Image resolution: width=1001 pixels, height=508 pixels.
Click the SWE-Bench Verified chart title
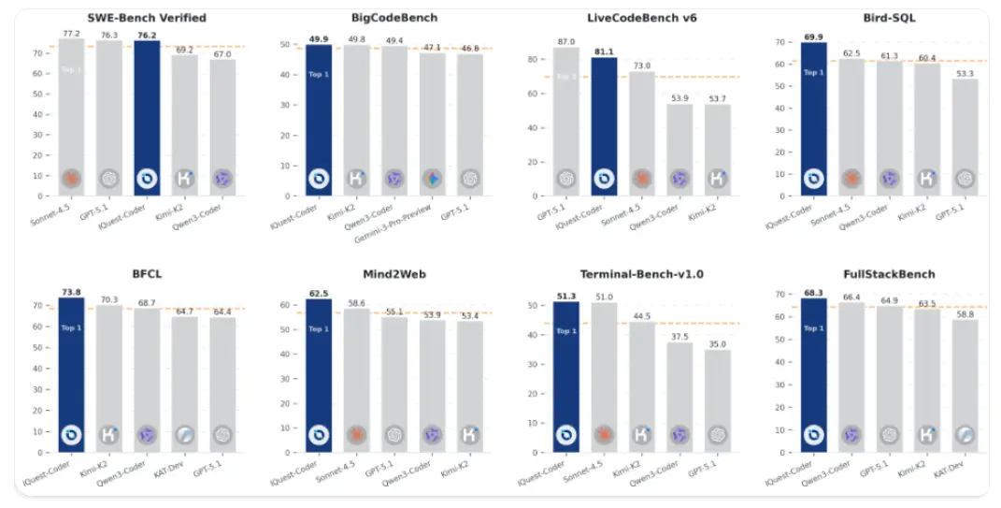pos(147,18)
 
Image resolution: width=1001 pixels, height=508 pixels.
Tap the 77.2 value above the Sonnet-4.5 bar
pos(72,33)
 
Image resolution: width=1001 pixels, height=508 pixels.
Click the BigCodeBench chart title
pos(394,18)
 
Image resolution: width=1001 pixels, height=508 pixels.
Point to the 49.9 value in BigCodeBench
pos(319,39)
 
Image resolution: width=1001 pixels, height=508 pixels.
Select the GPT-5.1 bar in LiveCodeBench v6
pos(565,122)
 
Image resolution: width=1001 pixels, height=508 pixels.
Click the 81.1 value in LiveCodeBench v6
pos(604,52)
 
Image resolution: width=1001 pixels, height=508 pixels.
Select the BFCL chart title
pos(146,274)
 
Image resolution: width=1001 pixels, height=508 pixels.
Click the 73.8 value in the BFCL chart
pos(71,292)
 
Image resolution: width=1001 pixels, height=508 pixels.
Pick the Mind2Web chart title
pos(394,274)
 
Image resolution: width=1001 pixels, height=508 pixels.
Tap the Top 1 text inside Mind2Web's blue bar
pos(319,329)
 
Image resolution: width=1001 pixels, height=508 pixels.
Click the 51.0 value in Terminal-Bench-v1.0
pos(604,298)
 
